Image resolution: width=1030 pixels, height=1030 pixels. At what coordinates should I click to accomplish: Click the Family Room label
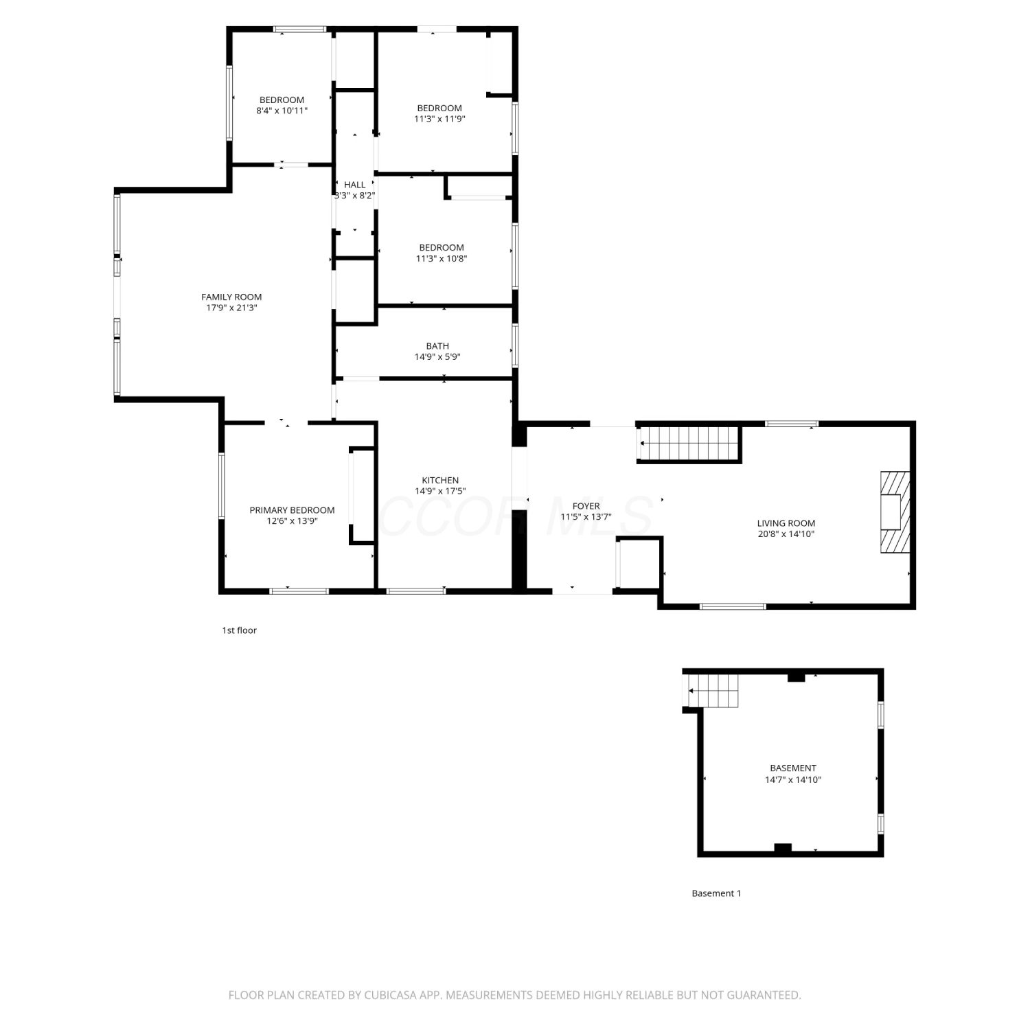[231, 297]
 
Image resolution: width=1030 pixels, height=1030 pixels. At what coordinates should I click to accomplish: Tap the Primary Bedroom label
[292, 510]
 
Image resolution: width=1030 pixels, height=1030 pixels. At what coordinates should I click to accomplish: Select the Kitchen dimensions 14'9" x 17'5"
[440, 491]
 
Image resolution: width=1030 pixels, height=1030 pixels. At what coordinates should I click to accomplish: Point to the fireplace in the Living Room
[895, 512]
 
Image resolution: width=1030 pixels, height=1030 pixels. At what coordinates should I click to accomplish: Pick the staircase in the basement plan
[713, 691]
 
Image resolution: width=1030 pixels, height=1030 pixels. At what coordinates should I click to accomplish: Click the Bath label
[437, 346]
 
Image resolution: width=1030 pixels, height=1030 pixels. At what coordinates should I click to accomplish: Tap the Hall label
[355, 185]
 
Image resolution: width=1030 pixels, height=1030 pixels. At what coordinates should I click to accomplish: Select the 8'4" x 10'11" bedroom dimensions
[282, 111]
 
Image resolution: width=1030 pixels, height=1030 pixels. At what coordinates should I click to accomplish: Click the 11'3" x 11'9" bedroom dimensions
[439, 119]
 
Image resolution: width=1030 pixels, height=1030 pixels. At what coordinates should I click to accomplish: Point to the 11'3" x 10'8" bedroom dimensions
[442, 259]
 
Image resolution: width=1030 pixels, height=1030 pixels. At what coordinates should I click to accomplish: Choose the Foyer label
[586, 506]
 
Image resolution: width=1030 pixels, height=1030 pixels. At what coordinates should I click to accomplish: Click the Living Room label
[786, 523]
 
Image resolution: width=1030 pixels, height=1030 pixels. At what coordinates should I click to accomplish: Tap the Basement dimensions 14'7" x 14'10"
[793, 780]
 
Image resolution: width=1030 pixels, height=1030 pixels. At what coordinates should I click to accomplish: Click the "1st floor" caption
[239, 630]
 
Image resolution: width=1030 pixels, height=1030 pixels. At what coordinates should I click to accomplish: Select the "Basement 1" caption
[716, 893]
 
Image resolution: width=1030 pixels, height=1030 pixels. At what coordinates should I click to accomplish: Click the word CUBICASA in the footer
[393, 995]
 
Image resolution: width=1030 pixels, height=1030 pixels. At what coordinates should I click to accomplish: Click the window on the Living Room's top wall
[792, 424]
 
